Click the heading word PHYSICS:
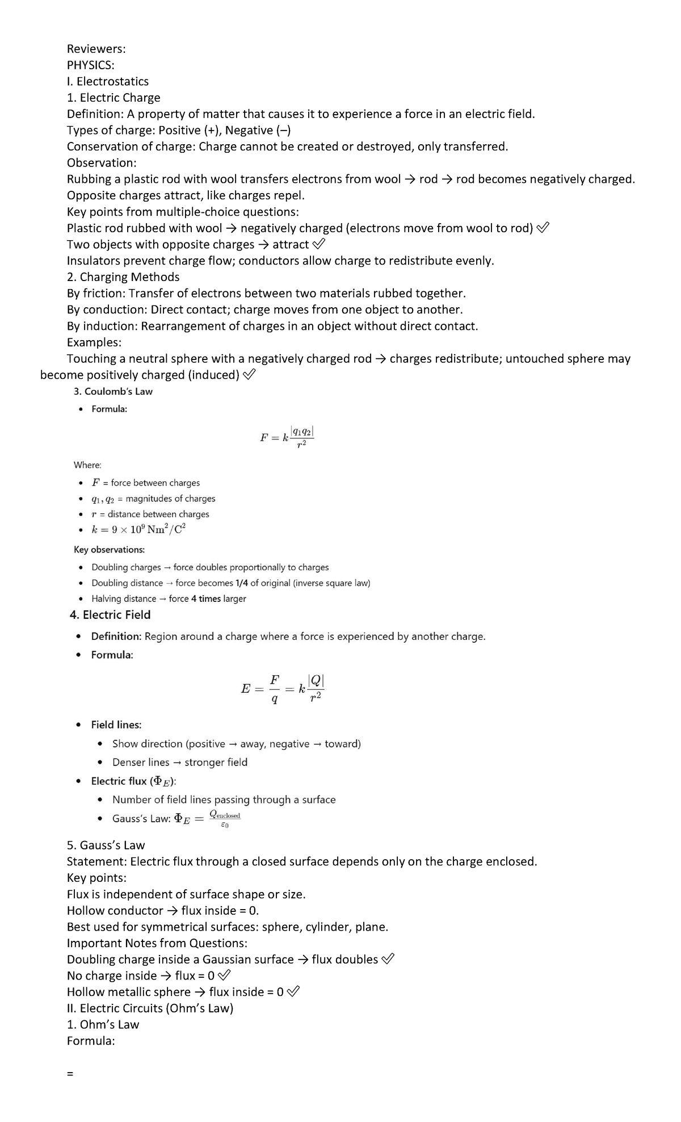90,65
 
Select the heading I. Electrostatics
108,81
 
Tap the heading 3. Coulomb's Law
113,391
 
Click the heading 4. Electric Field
110,614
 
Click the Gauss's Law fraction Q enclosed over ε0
225,819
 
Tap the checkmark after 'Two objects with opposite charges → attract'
319,245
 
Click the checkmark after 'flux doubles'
388,959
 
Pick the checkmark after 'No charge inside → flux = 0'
224,976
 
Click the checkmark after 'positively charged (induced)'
249,375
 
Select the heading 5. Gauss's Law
106,845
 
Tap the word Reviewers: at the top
96,49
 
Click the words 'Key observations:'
109,550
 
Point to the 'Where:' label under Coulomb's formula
87,464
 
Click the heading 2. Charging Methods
123,277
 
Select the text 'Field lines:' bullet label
116,725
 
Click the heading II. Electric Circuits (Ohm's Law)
150,1008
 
